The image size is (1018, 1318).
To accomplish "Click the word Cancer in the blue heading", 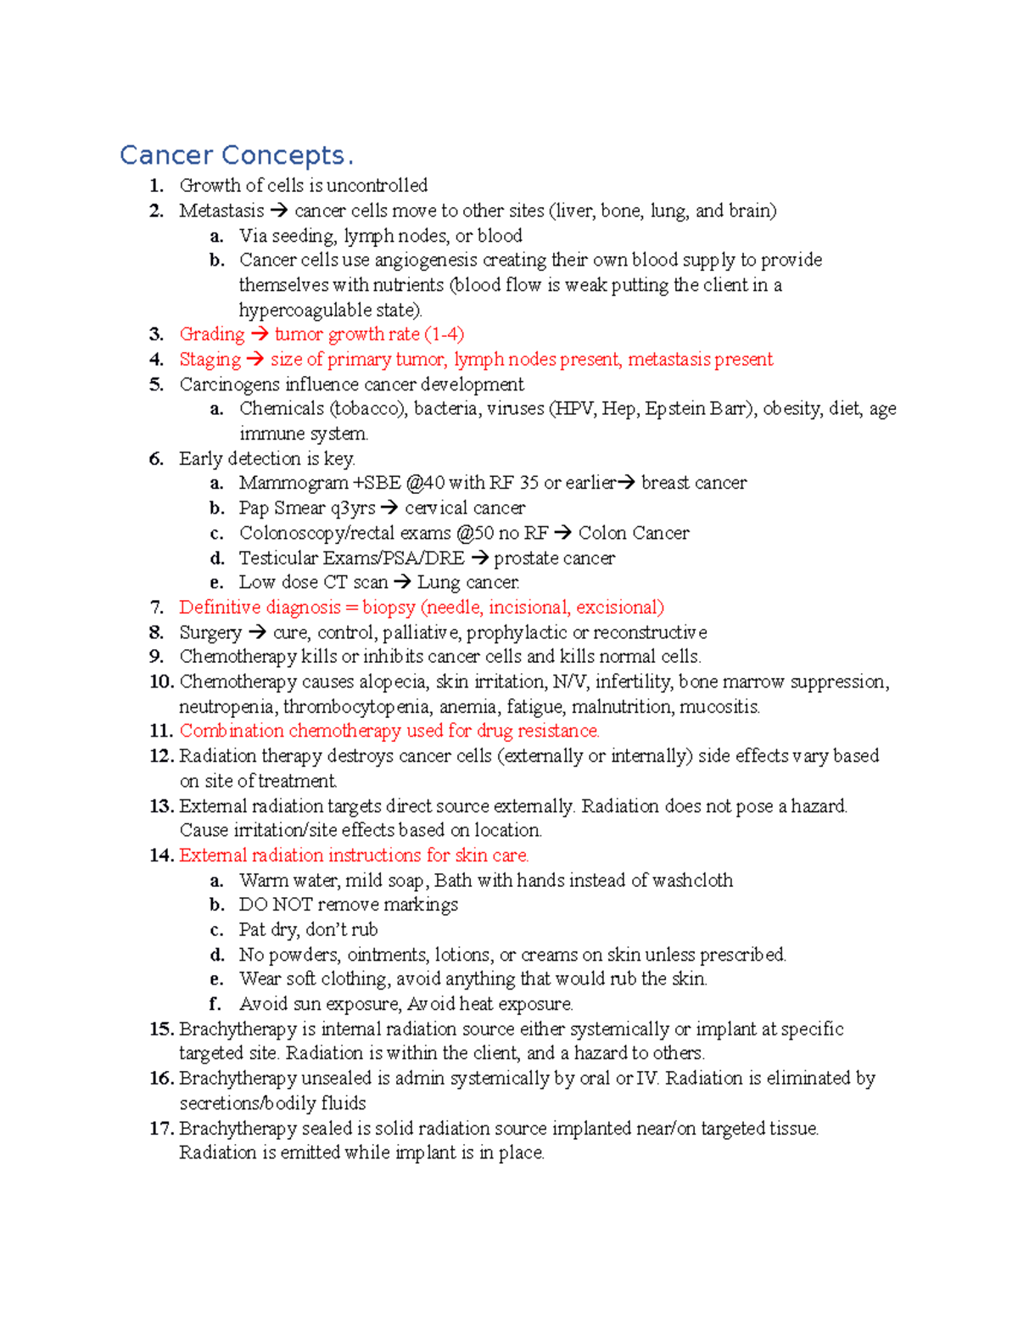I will [166, 155].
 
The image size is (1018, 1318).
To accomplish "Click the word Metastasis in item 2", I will [221, 210].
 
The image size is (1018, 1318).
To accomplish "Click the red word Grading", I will [211, 334].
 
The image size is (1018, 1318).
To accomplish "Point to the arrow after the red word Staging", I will [255, 360].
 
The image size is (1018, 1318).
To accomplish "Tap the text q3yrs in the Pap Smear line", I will [353, 508].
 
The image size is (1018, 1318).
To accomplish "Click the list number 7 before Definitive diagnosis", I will [156, 608].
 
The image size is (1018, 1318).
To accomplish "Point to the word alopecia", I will [393, 682].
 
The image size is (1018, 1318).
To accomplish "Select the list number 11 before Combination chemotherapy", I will [161, 731].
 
